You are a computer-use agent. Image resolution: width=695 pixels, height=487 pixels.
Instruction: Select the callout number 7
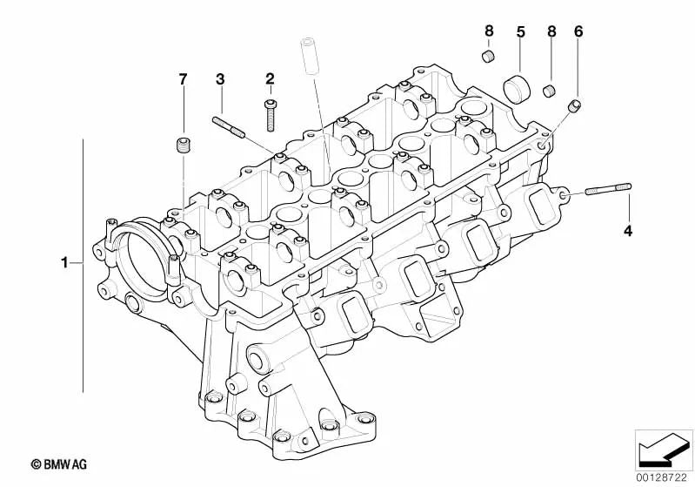point(183,80)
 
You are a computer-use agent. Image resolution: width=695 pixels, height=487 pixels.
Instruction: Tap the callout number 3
point(220,80)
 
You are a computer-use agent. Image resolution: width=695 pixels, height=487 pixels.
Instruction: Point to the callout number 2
point(270,79)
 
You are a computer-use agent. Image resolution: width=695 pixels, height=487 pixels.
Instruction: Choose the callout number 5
point(520,32)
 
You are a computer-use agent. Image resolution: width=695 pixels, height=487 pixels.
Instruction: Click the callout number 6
point(578,32)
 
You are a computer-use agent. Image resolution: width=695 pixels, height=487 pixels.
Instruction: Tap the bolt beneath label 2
point(271,114)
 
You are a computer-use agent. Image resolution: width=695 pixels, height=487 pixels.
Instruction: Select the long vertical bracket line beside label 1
point(84,261)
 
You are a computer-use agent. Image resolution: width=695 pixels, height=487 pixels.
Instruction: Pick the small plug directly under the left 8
point(489,58)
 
